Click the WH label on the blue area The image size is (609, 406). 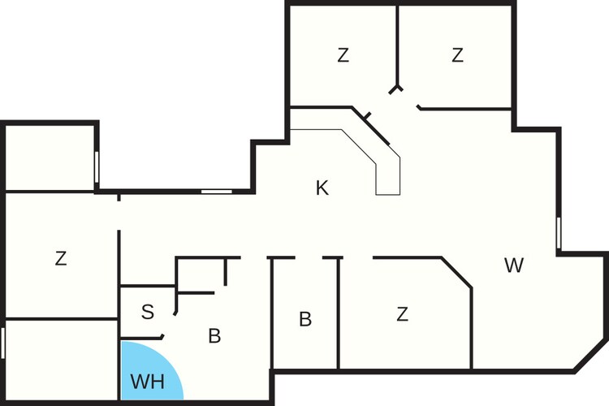148,382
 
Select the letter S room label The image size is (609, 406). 148,312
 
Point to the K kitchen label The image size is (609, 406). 322,188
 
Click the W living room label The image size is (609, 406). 514,266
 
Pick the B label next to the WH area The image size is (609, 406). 215,335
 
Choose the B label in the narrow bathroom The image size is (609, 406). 305,319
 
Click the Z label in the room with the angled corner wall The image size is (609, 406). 403,314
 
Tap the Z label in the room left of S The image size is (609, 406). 61,258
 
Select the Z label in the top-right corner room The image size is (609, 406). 457,55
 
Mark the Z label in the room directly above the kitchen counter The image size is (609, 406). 343,55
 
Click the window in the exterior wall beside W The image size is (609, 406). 559,233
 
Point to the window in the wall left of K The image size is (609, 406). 216,191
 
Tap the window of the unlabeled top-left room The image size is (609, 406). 97,167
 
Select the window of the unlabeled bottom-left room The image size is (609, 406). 2,343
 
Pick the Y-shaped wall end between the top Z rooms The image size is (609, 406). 396,89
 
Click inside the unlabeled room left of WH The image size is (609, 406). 61,361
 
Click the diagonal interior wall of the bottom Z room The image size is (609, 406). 456,272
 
